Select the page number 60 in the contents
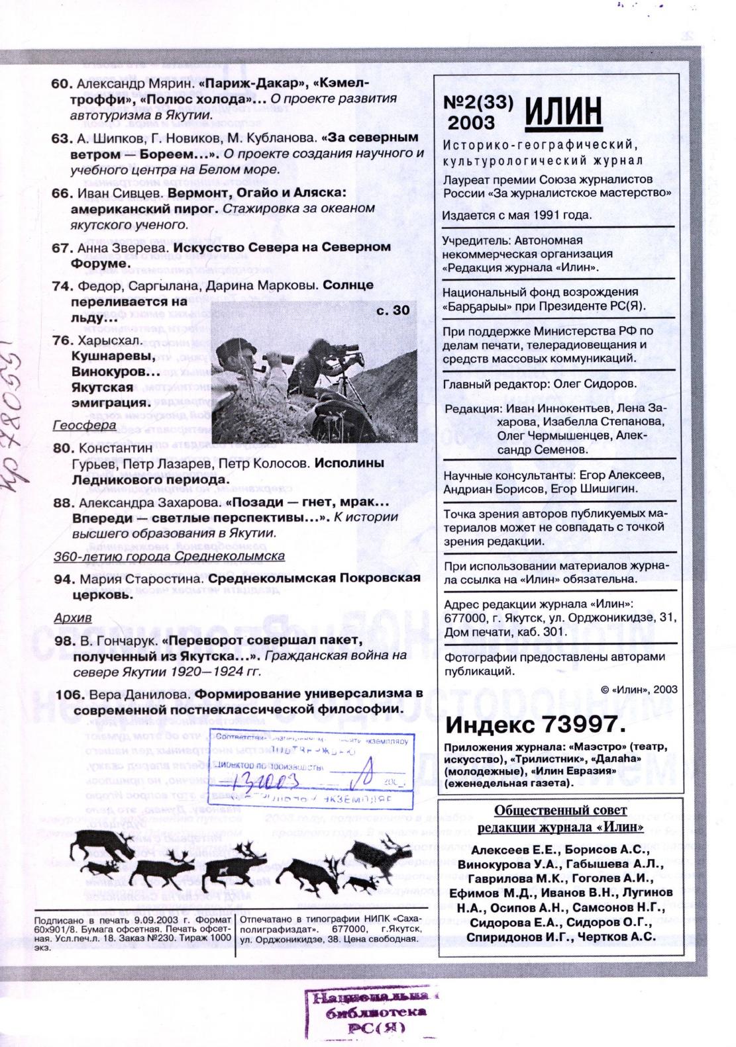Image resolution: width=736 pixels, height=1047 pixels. [61, 84]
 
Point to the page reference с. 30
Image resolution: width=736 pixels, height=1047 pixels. [397, 309]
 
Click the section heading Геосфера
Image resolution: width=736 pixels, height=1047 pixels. [85, 426]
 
